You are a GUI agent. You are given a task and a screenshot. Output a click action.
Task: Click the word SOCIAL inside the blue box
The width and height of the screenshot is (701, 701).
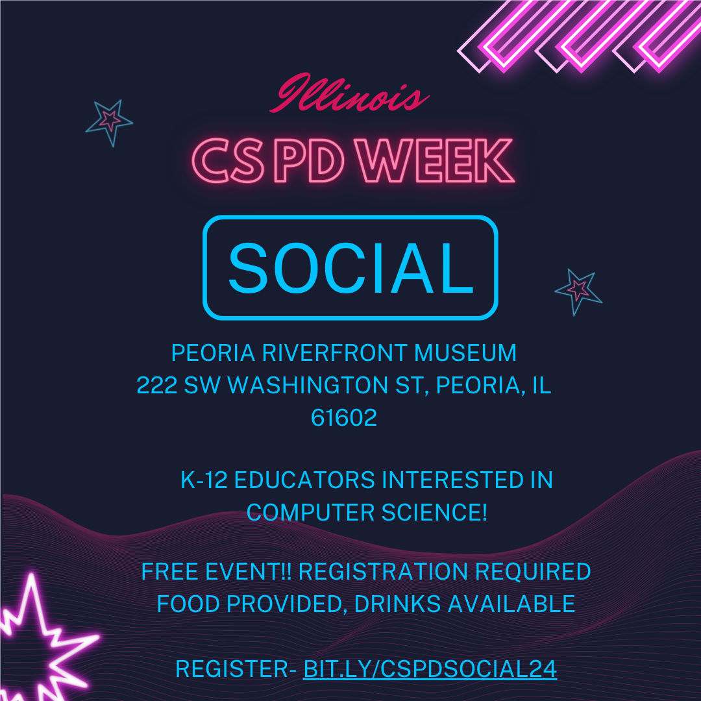[350, 268]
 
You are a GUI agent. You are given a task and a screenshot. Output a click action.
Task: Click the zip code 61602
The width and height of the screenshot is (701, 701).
[344, 418]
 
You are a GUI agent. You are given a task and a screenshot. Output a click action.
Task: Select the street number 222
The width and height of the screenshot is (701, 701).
[157, 386]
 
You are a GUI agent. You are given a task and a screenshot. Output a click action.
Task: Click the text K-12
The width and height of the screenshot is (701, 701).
[204, 480]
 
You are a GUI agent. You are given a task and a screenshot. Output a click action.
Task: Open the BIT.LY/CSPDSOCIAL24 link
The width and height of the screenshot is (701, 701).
[430, 669]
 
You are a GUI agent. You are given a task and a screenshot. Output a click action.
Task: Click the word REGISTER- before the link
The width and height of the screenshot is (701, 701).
[236, 669]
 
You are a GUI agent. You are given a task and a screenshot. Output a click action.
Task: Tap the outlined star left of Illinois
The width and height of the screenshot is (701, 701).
[109, 121]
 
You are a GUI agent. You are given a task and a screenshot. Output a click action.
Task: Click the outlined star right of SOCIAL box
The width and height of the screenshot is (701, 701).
[578, 291]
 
